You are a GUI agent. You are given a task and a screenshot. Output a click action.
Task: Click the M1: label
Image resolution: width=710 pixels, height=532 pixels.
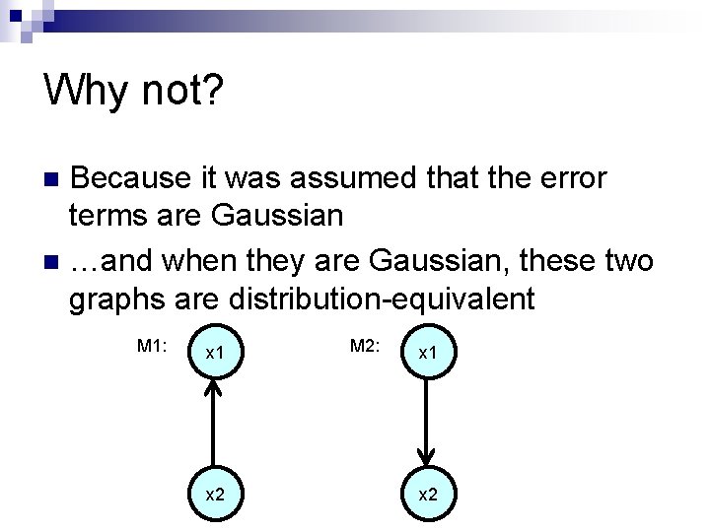pyautogui.click(x=153, y=345)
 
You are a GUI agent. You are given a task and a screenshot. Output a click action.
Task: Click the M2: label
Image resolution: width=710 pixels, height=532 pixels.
pyautogui.click(x=365, y=345)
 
